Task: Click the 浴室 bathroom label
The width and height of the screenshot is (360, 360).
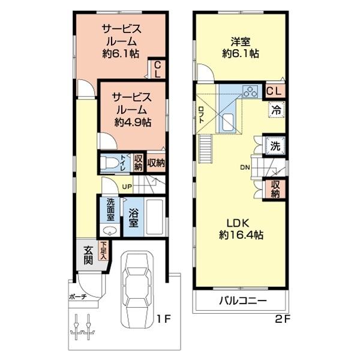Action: pyautogui.click(x=133, y=217)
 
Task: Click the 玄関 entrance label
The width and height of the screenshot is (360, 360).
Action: pyautogui.click(x=88, y=254)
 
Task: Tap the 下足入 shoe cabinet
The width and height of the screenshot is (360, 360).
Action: pyautogui.click(x=104, y=251)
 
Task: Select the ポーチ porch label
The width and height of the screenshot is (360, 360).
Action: pyautogui.click(x=77, y=296)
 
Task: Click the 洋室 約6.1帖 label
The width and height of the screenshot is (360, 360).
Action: pyautogui.click(x=241, y=48)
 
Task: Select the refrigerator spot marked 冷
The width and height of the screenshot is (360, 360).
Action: pyautogui.click(x=276, y=110)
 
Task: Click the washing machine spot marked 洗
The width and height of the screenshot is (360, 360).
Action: pyautogui.click(x=275, y=146)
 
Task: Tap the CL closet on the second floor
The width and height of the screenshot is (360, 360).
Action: pyautogui.click(x=274, y=91)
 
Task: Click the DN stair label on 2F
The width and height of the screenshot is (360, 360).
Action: pyautogui.click(x=246, y=167)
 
